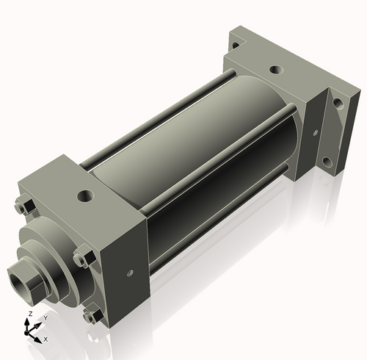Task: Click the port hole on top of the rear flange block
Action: point(276,71)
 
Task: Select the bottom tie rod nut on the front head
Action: point(91,317)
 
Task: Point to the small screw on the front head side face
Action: point(130,273)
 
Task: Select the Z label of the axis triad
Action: point(29,313)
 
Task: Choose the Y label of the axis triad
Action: point(45,317)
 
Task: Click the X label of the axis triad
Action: point(46,339)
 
